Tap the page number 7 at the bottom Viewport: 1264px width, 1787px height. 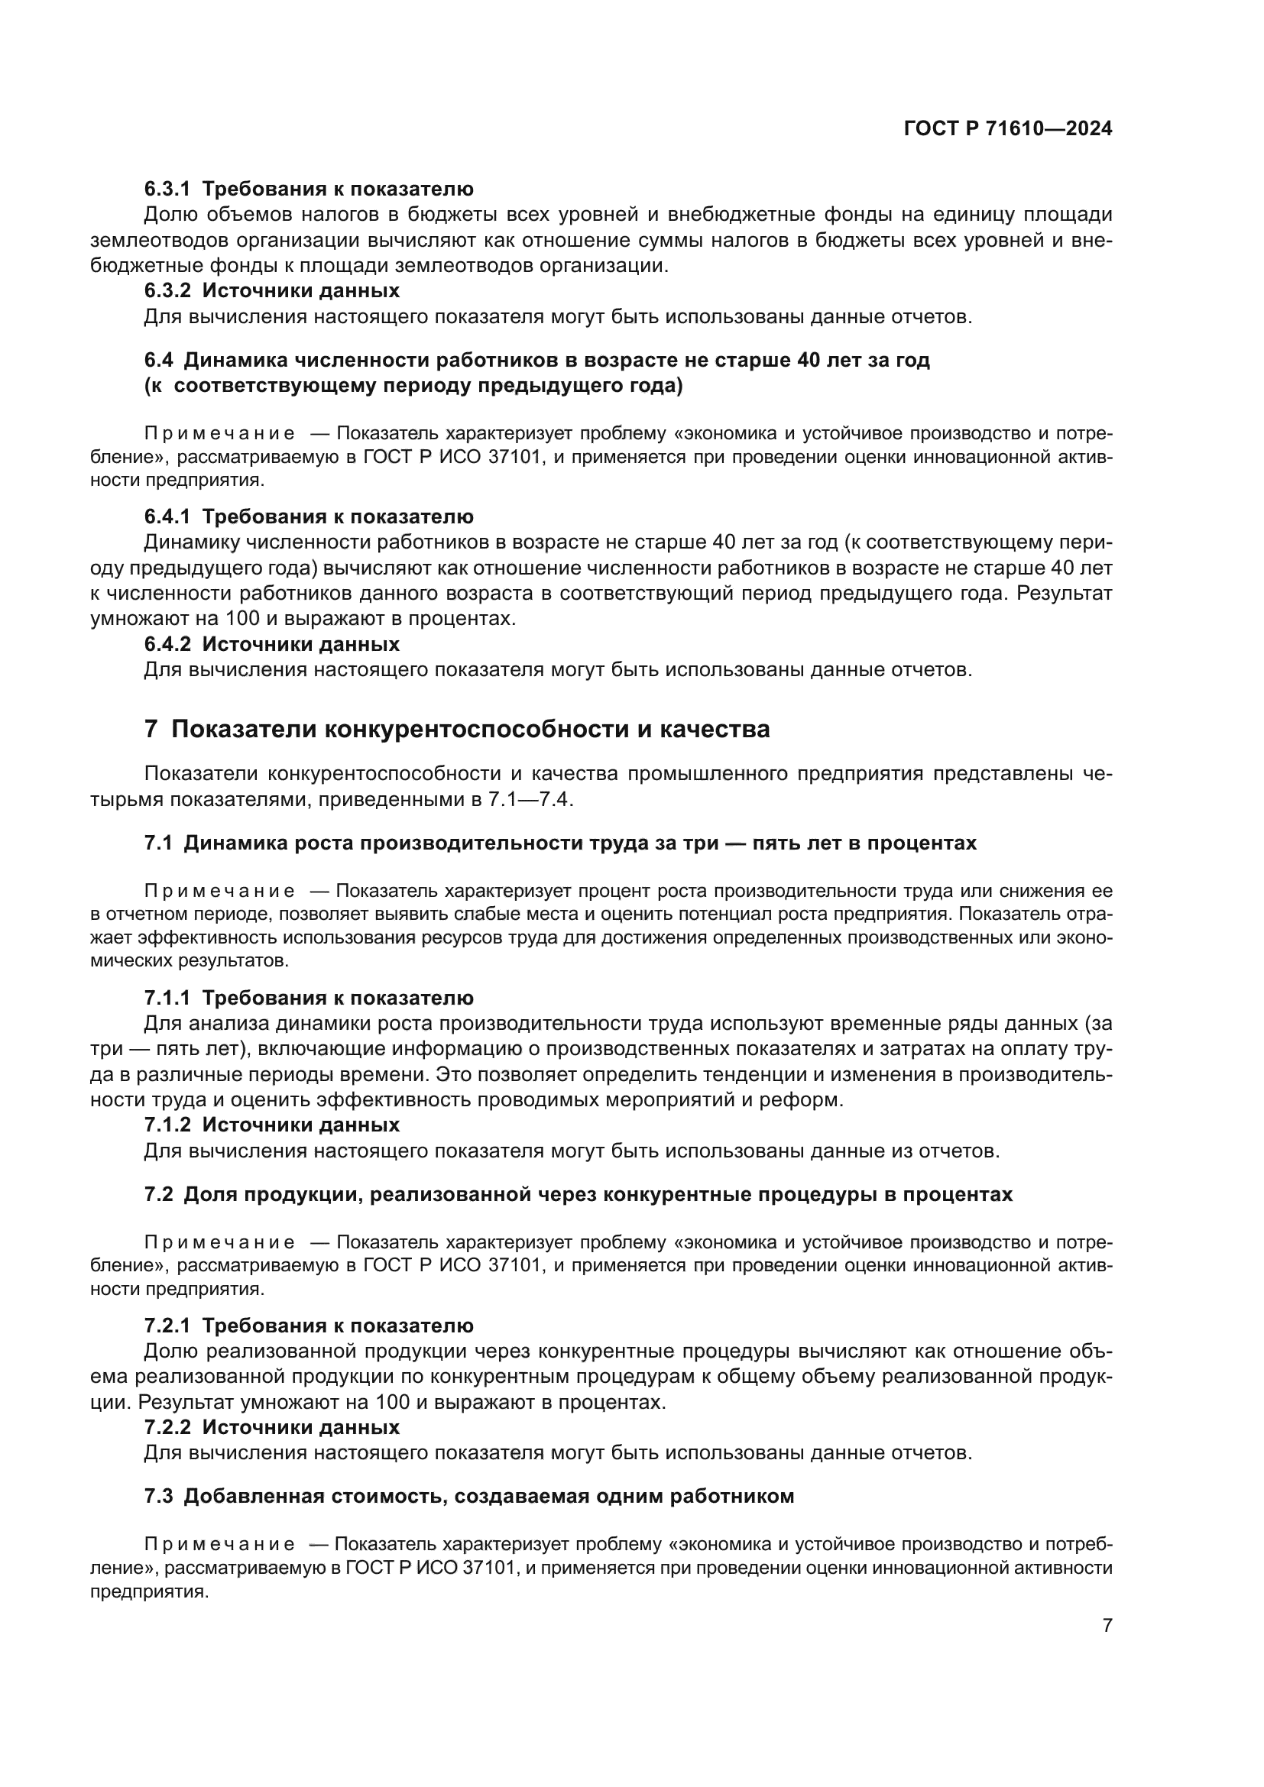pos(1107,1625)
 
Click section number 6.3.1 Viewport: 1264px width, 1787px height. pos(167,189)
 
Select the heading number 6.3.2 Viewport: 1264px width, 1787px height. pos(167,291)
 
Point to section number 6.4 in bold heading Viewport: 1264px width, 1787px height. pos(159,361)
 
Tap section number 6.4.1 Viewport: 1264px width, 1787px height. pos(167,516)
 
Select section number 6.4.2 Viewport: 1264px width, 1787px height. pos(167,645)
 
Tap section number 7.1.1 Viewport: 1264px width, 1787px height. pos(167,998)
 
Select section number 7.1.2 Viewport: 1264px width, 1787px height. pos(167,1125)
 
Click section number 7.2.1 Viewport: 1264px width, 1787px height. pos(167,1326)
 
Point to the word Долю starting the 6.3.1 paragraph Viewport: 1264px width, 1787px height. pos(169,215)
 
